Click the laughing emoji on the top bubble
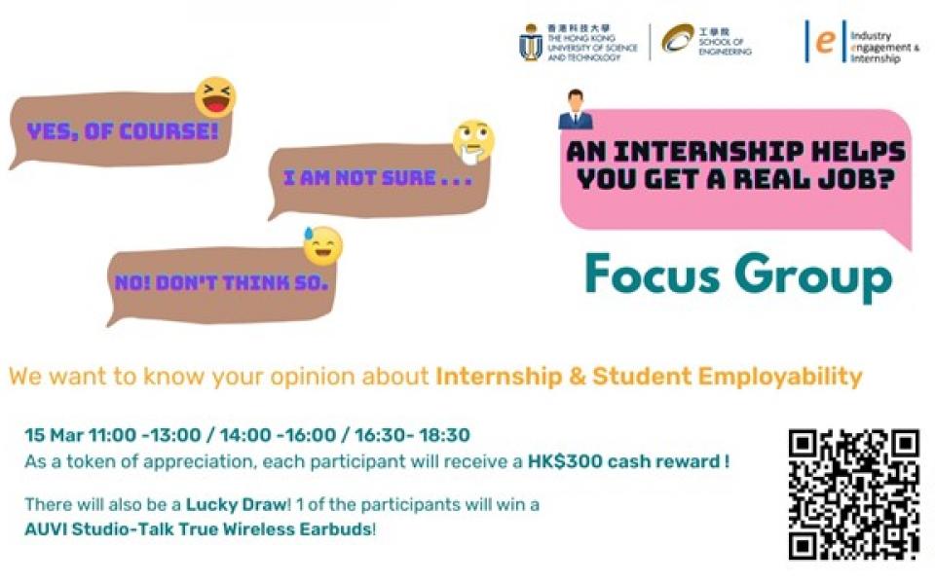coord(215,97)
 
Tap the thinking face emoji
coord(473,142)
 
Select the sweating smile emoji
coord(322,245)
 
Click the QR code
coord(853,494)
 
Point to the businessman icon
coord(576,110)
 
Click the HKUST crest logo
coord(530,42)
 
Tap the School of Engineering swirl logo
coord(678,38)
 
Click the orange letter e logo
coord(825,41)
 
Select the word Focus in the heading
coord(653,274)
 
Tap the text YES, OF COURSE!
coord(123,131)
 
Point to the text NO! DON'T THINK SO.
coord(221,282)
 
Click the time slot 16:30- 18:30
coord(412,435)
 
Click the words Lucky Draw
coord(236,505)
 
